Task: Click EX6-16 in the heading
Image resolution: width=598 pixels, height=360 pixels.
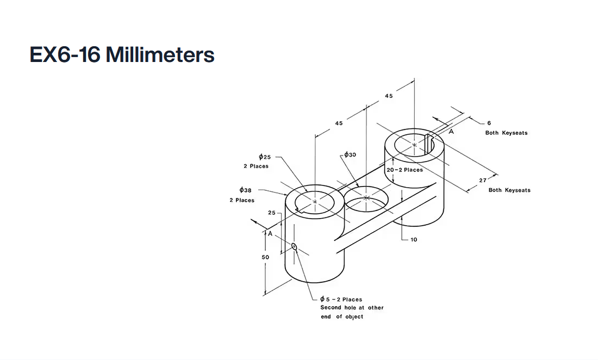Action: click(65, 55)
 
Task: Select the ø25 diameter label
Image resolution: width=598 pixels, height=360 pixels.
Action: click(265, 157)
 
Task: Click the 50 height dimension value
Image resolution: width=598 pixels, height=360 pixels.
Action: click(265, 257)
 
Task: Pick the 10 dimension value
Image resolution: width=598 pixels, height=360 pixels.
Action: click(414, 239)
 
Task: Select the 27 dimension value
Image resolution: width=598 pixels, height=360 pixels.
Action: click(483, 181)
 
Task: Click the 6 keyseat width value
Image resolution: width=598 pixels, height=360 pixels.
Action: click(489, 123)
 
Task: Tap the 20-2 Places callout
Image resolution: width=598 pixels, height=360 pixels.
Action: click(404, 170)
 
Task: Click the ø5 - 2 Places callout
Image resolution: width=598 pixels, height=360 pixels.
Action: click(341, 299)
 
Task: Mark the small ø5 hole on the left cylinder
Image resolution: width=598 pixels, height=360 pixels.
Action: click(294, 247)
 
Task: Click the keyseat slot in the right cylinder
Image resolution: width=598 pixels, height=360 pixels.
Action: click(428, 141)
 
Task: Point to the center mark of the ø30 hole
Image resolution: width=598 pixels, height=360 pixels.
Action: click(366, 198)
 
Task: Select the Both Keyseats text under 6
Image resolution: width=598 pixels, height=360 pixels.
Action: click(506, 133)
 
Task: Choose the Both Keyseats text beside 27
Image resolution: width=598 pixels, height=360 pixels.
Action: click(509, 190)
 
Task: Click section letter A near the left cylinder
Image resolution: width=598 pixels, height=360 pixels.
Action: click(270, 233)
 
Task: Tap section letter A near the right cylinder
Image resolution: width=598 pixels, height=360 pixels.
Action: click(451, 131)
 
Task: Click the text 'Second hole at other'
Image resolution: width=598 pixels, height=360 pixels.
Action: click(352, 308)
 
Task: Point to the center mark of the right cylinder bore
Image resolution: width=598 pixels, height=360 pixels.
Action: click(414, 145)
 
